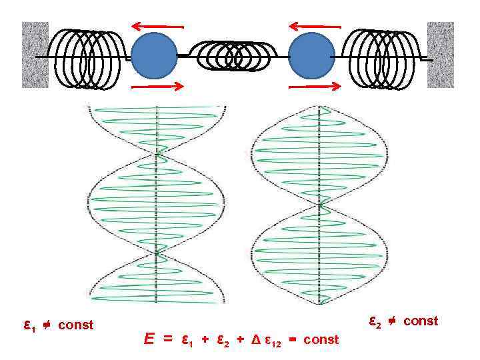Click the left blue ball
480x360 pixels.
tap(154, 55)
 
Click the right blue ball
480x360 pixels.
tap(311, 55)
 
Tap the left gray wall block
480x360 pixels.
tap(35, 55)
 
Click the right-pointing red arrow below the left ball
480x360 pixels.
tap(157, 86)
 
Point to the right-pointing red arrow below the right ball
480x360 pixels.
tap(314, 85)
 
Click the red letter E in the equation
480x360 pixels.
tap(150, 339)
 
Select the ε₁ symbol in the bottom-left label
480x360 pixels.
tap(28, 325)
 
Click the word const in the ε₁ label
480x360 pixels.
tap(76, 325)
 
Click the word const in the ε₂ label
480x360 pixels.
tap(421, 321)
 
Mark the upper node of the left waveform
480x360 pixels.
tap(157, 155)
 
